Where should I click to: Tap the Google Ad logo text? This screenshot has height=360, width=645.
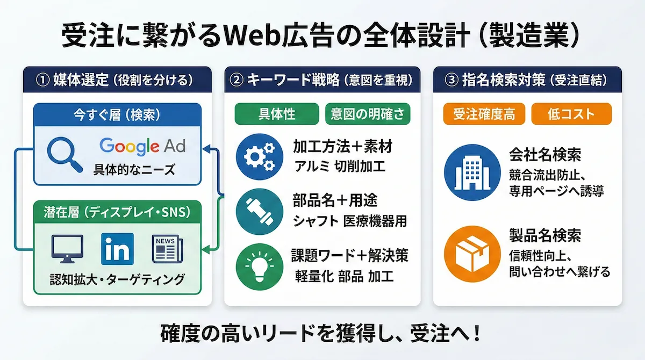[x=142, y=146]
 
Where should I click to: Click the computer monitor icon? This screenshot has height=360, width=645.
[x=67, y=249]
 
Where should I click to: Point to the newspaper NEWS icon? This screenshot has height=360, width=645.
[x=167, y=249]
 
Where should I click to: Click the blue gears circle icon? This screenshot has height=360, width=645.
[x=259, y=155]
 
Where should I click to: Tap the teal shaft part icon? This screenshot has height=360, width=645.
[x=259, y=211]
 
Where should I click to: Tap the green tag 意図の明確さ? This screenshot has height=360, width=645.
[x=368, y=114]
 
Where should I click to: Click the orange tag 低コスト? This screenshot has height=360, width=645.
[x=571, y=114]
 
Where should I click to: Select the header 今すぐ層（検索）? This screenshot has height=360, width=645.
[x=117, y=114]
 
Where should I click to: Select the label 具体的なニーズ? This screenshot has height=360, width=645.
[x=134, y=170]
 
